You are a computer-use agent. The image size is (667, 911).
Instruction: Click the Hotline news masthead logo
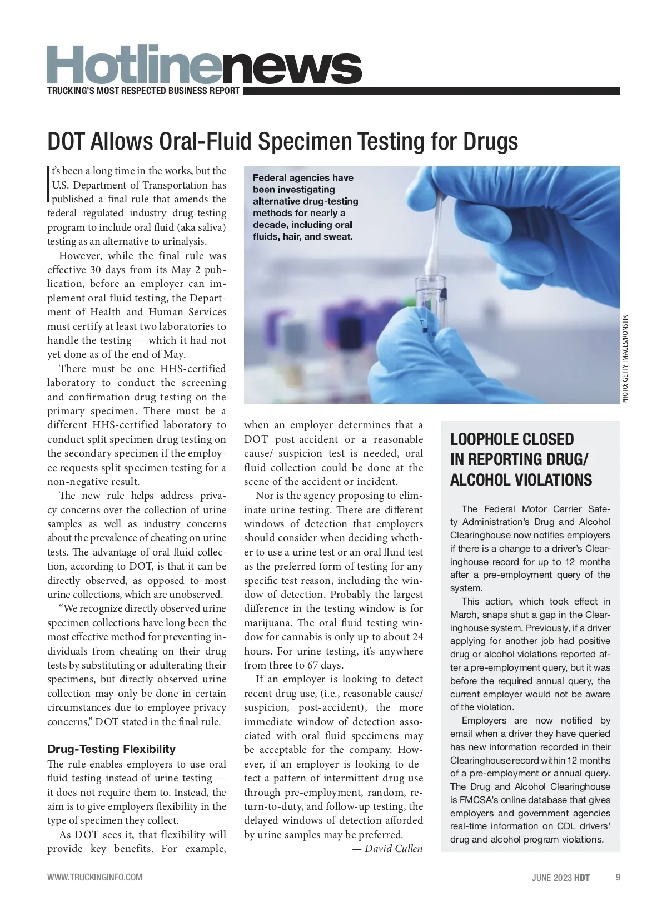point(205,65)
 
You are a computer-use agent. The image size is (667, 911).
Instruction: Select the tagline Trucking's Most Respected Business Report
point(143,91)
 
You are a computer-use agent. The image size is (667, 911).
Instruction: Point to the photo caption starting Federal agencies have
point(305,207)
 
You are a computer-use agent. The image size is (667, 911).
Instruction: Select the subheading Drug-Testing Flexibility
point(111,749)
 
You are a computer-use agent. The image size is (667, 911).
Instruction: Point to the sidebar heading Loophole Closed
point(511,439)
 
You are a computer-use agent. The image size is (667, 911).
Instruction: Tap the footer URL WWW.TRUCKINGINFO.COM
point(94,878)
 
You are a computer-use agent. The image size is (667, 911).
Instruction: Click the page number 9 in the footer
point(618,878)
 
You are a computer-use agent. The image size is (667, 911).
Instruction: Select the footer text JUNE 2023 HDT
point(560,878)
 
